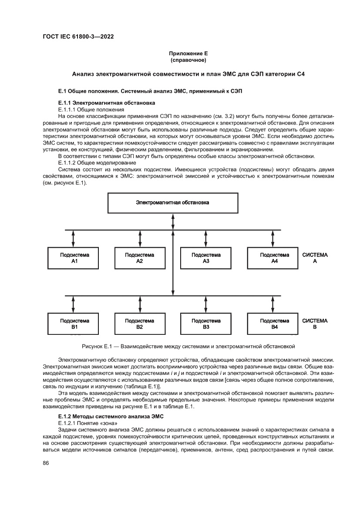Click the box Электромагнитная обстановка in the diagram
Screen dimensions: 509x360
173,203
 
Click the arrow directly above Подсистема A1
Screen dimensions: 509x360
73,238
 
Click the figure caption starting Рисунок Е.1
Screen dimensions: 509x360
188,347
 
